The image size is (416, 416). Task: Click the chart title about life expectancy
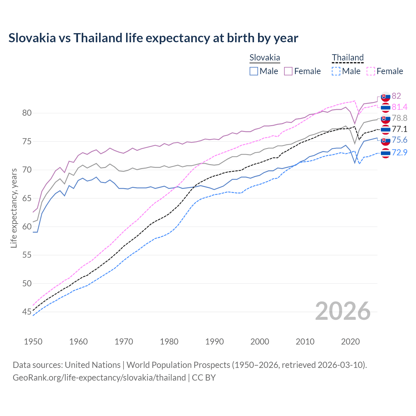(153, 38)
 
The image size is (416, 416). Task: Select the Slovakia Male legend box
(254, 71)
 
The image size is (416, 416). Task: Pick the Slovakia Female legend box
(288, 71)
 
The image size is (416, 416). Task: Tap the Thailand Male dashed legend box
(336, 71)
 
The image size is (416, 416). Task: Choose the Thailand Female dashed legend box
(371, 71)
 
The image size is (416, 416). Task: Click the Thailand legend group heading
(347, 58)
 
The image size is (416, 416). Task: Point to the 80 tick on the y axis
(27, 113)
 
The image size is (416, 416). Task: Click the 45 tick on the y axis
(27, 312)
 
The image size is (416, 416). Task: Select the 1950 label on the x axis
(33, 342)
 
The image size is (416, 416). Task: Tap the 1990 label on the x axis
(214, 342)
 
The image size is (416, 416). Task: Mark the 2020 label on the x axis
(350, 342)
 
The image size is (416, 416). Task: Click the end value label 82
(396, 96)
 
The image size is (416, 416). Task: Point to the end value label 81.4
(399, 107)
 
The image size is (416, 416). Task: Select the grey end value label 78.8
(399, 118)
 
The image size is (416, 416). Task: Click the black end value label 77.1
(399, 129)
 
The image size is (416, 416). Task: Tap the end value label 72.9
(399, 152)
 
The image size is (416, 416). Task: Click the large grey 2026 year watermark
(343, 311)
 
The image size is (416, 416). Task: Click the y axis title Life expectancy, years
(14, 208)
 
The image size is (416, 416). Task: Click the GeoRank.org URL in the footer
(99, 378)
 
